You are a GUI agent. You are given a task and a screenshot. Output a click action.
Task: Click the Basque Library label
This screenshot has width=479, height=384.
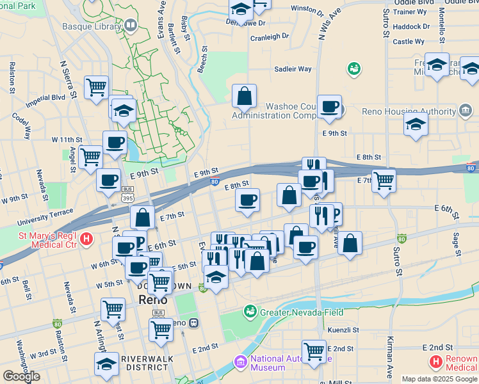(92, 26)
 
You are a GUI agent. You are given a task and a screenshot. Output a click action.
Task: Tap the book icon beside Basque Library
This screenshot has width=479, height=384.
(131, 26)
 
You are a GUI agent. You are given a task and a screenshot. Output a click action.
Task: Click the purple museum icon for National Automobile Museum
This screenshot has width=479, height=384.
(241, 363)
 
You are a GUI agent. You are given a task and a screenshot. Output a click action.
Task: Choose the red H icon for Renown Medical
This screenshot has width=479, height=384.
(436, 363)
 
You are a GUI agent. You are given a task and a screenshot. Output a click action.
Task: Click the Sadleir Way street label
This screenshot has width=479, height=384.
(293, 69)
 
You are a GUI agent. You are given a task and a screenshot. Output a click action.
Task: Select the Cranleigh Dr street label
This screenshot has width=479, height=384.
(270, 37)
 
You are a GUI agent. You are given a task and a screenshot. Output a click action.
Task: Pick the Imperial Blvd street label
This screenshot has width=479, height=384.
(45, 101)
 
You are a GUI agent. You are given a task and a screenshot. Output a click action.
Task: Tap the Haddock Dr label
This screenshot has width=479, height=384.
(412, 27)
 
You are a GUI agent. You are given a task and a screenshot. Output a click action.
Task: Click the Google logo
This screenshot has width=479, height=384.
(20, 376)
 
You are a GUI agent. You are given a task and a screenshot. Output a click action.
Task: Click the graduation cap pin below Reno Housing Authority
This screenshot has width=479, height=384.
(416, 125)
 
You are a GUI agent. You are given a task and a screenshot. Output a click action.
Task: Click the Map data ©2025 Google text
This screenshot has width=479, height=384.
(440, 379)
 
